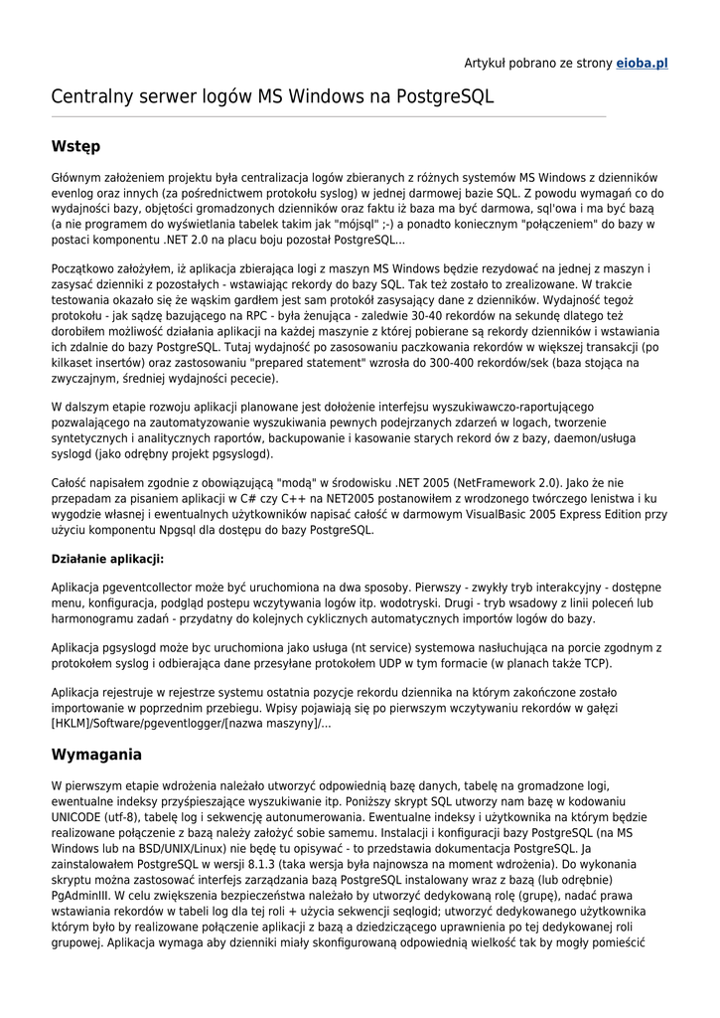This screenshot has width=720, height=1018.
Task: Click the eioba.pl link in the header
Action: coord(642,63)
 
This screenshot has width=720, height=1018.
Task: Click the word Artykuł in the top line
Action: coord(487,63)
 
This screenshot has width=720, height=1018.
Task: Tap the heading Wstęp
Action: coord(75,146)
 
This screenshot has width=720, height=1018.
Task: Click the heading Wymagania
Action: coord(96,755)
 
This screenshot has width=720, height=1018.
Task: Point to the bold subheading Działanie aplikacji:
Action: coord(107,559)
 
